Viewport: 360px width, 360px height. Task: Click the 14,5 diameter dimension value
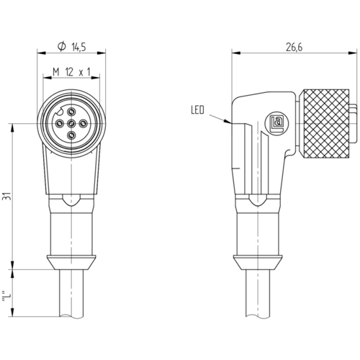pos(78,48)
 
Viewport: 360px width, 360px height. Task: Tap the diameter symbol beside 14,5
pos(61,47)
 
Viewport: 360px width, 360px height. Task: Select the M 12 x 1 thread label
pos(71,72)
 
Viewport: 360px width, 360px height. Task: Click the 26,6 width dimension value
pos(294,48)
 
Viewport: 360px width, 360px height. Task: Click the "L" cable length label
pos(6,297)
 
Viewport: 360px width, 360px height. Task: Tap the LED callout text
pos(197,110)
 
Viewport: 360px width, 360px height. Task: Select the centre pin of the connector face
pos(71,124)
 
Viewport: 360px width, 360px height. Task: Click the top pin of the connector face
pos(71,112)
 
